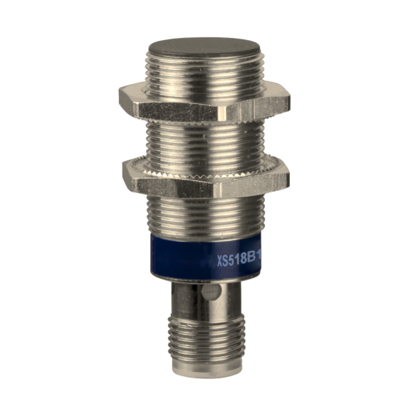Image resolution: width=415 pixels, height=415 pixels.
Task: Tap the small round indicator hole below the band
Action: (x=214, y=293)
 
